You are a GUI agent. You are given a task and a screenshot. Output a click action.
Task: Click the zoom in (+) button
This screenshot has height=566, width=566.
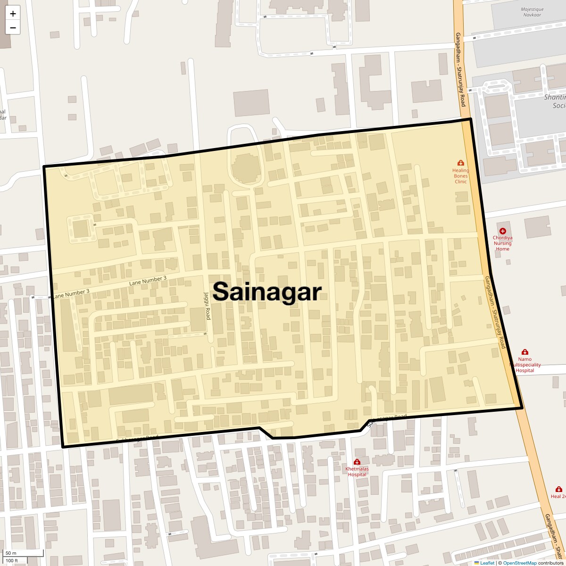(13, 14)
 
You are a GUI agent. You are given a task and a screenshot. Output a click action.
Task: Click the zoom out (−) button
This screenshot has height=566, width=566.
(13, 28)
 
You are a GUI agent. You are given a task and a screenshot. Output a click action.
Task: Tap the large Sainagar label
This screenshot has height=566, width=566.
(267, 291)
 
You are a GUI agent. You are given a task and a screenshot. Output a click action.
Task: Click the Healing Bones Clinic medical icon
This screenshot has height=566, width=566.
(461, 163)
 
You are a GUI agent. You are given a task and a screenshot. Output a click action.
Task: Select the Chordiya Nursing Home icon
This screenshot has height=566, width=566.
(503, 231)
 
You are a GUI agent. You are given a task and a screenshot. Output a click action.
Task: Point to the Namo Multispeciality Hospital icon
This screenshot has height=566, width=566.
(524, 352)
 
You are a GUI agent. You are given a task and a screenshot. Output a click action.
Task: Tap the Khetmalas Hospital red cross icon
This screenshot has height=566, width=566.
(357, 462)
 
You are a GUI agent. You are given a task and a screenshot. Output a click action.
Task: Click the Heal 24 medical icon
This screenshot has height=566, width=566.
(558, 489)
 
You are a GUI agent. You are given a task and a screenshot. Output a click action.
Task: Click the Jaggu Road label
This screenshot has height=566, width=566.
(207, 305)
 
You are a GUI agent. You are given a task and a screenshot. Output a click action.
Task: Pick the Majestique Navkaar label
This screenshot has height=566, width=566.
(532, 12)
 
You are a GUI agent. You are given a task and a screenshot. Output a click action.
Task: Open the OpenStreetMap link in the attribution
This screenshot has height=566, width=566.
(519, 563)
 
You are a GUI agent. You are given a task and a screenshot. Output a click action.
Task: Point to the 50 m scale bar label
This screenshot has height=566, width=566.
(11, 553)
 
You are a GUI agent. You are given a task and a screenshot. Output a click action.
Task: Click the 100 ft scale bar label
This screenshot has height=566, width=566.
(12, 561)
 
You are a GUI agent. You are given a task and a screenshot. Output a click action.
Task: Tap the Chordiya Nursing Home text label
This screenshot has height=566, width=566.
(503, 243)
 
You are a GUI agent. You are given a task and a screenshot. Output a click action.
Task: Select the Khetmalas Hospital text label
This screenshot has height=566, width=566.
(357, 472)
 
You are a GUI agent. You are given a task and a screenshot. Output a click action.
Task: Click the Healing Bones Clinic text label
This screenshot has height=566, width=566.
(461, 176)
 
